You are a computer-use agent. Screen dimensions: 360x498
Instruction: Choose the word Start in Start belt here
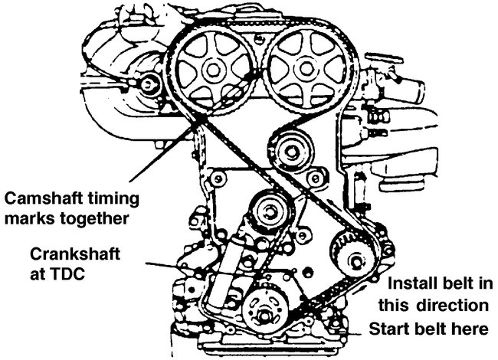(x=389, y=329)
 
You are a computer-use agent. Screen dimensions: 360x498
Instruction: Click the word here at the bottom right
(x=467, y=329)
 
